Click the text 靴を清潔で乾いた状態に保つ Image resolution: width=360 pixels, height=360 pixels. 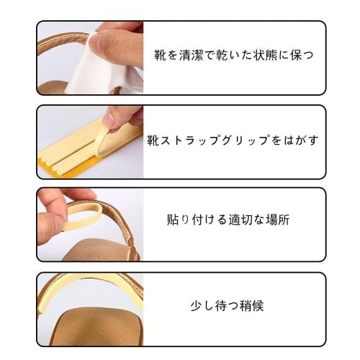(x=234, y=55)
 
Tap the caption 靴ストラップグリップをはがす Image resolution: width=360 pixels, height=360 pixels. (x=233, y=140)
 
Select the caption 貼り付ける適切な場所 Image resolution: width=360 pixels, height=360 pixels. (x=228, y=220)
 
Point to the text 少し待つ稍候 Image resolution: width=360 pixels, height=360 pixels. (x=227, y=305)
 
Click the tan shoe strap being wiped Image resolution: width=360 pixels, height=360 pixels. (x=63, y=40)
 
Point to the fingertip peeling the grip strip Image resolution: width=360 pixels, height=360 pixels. (x=109, y=120)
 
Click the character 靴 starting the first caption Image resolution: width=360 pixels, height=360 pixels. (x=160, y=55)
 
